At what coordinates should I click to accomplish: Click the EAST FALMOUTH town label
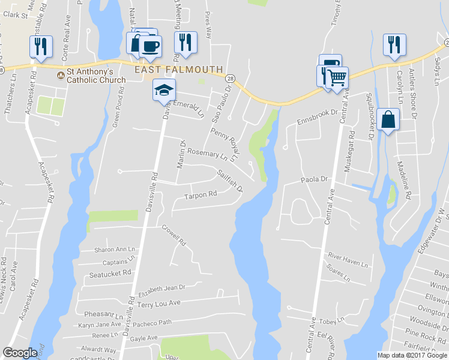pos(178,70)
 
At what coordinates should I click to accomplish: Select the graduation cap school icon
pos(163,91)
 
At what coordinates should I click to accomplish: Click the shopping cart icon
pos(337,77)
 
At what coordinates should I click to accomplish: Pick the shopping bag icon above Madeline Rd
pos(388,119)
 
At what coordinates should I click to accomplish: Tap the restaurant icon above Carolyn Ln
pos(394,44)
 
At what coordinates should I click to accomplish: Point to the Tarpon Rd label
pos(200,196)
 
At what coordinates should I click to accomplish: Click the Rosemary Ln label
pos(207,154)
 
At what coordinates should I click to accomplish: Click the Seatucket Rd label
pos(109,273)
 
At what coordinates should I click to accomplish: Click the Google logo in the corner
pos(20,353)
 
